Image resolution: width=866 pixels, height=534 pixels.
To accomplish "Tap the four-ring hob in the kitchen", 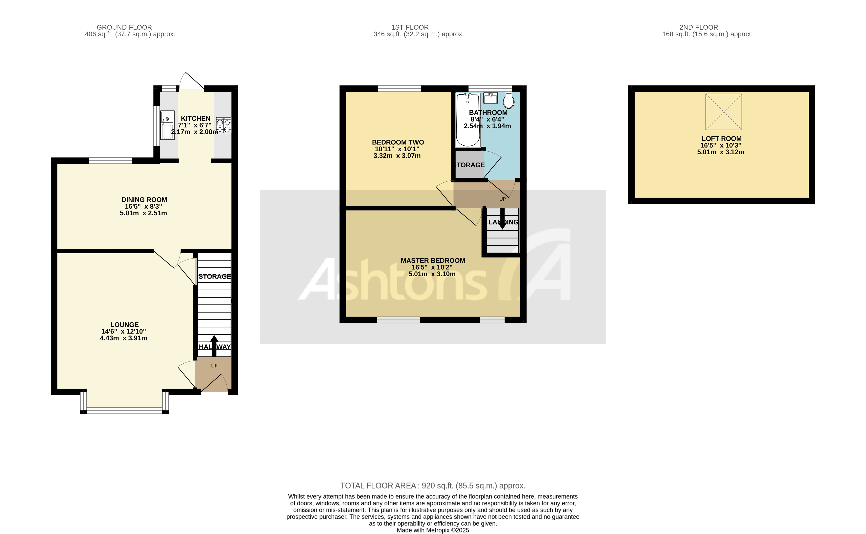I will click(x=223, y=125).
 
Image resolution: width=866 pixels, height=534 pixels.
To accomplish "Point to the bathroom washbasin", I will click(x=490, y=98).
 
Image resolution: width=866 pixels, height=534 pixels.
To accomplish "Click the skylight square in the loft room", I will click(x=723, y=112).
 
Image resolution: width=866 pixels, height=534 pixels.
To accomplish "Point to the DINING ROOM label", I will click(x=144, y=199).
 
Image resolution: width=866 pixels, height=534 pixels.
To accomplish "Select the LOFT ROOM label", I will click(x=721, y=139).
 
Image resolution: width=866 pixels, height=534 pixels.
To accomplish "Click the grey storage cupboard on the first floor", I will click(x=469, y=165).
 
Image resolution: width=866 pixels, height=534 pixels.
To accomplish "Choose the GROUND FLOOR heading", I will click(x=124, y=27).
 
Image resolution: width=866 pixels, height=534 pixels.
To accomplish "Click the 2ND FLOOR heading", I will click(x=698, y=27).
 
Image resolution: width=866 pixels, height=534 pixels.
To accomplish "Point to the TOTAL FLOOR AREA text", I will click(x=433, y=486).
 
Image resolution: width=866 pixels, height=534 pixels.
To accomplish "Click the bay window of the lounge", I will click(x=124, y=410).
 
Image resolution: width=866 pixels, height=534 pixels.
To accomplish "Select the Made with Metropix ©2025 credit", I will click(x=433, y=530).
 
